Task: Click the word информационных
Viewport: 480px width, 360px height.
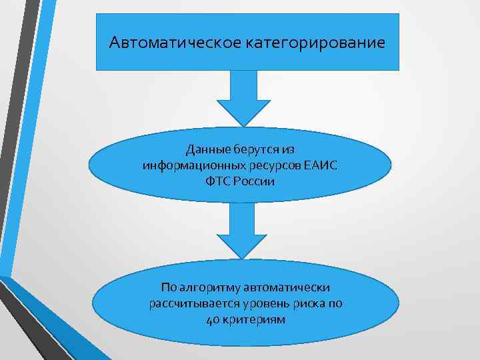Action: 187,165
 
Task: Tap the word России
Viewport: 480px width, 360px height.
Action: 256,181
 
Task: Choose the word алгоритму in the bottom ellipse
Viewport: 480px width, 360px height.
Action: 209,287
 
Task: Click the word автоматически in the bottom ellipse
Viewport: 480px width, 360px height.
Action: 287,287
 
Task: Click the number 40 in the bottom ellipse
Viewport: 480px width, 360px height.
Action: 211,319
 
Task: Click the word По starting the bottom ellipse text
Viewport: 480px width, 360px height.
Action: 169,287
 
